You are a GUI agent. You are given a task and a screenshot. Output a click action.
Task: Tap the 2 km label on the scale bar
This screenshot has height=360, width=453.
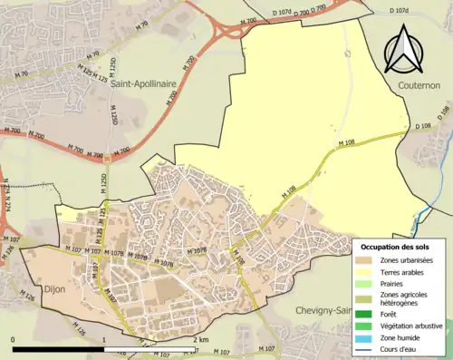[x=201, y=339]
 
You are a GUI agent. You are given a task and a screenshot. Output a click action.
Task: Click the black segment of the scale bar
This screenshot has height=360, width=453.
[x=60, y=349]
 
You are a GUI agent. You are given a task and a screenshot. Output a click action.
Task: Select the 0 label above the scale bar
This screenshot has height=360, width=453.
[x=14, y=339]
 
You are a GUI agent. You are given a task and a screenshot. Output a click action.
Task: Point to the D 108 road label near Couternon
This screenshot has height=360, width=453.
[x=423, y=126]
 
